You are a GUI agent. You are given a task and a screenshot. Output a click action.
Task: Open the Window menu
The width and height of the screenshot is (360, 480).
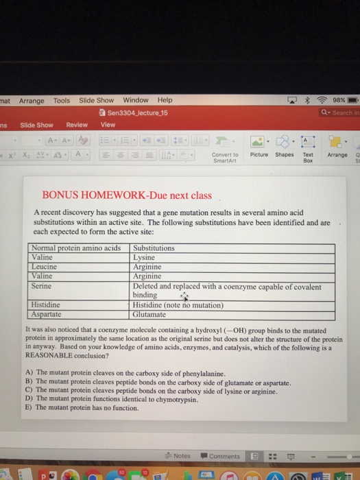tap(136, 100)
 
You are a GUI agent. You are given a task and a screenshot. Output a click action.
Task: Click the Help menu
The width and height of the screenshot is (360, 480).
tap(165, 100)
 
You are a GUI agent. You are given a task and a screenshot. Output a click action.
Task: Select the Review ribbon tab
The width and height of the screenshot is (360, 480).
tap(77, 125)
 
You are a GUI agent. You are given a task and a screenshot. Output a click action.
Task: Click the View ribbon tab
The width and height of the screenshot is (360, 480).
tap(108, 125)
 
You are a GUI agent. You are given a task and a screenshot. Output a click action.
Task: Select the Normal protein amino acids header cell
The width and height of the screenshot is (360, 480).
tap(77, 248)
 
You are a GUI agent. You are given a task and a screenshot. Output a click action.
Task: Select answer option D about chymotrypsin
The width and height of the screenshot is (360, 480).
tap(117, 398)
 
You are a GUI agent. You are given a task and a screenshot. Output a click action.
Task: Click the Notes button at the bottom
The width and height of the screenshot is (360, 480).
tap(178, 456)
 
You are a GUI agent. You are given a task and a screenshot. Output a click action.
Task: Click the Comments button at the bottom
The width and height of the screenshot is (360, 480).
tap(221, 456)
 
